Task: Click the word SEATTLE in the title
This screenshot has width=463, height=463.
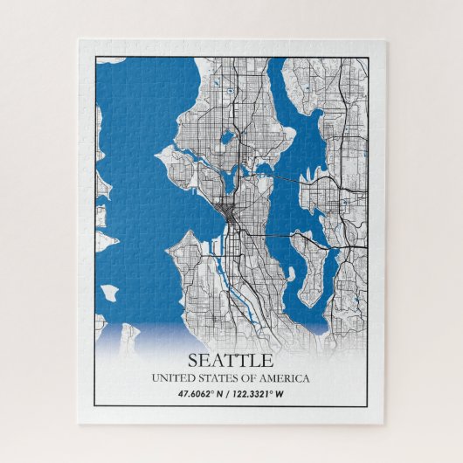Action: (x=231, y=360)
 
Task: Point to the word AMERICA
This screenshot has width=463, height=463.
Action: (x=284, y=378)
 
